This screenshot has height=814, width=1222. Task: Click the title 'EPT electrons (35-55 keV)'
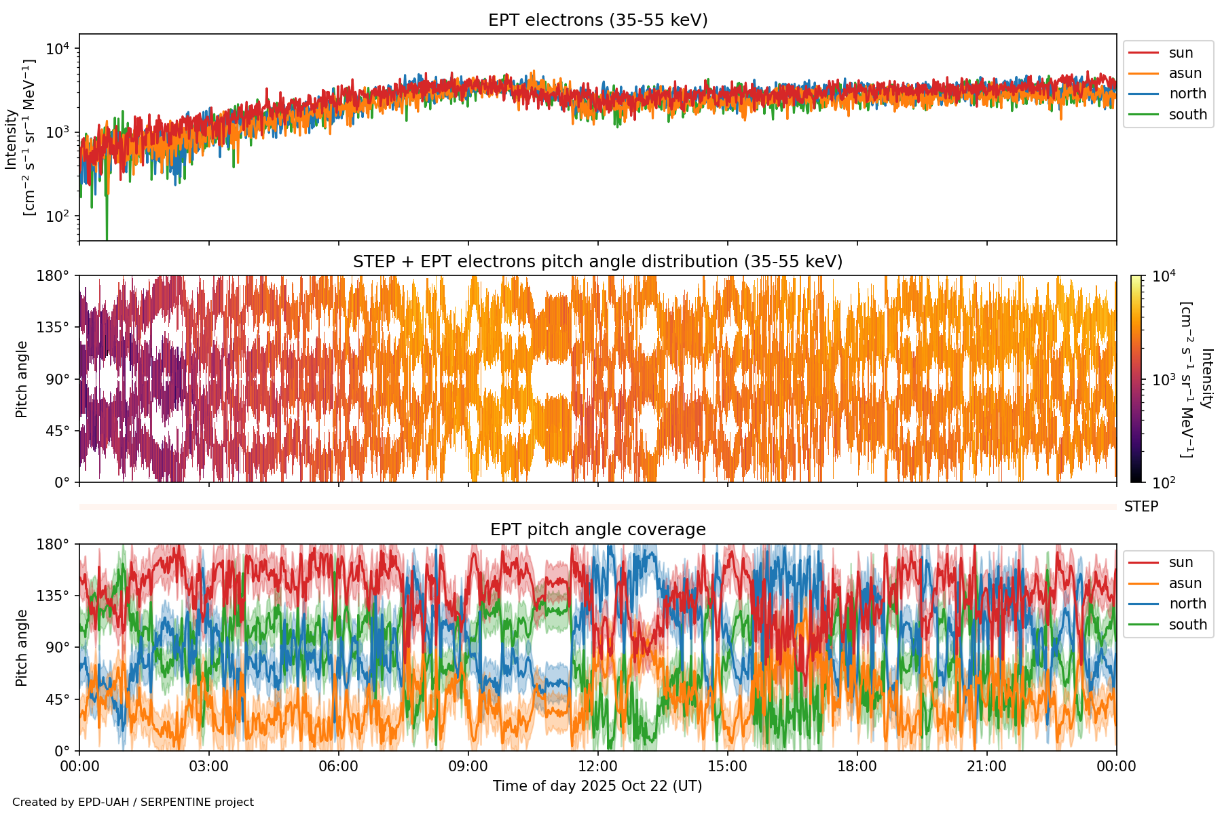(597, 20)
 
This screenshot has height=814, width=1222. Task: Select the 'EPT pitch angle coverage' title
(597, 530)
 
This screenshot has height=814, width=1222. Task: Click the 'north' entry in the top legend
(1187, 94)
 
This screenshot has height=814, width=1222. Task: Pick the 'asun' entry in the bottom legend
(1185, 583)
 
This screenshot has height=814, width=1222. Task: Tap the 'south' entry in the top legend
(1187, 115)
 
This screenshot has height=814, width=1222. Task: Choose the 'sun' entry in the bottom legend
(1181, 562)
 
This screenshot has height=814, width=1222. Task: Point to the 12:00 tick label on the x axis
(597, 767)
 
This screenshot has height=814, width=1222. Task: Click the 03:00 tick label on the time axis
(208, 767)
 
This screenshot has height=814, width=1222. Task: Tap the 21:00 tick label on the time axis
(986, 767)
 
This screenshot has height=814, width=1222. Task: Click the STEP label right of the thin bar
(1141, 507)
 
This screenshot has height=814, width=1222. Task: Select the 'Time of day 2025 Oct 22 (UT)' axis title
(597, 786)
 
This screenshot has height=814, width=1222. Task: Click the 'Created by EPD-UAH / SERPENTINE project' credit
(133, 802)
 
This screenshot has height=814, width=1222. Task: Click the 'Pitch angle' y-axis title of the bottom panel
(22, 648)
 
